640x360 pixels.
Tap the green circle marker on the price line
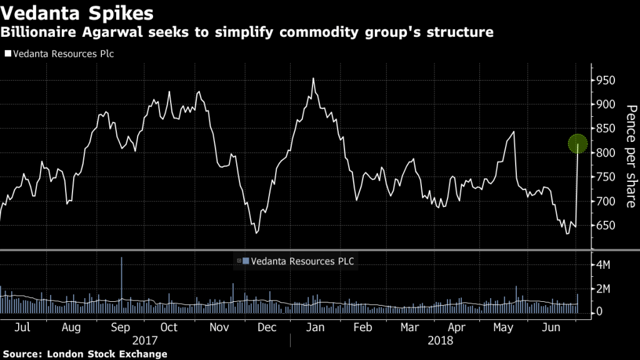[577, 144]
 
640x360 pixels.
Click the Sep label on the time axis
[120, 327]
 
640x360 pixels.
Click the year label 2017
[145, 341]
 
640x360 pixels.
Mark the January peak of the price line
[312, 79]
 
